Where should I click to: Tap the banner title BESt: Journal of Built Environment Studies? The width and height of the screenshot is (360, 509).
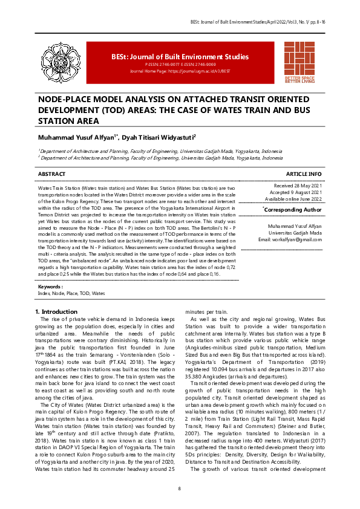click(180, 57)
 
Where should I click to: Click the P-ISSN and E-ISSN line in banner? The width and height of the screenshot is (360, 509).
click(180, 64)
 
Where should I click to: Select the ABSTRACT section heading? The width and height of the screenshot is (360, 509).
click(51, 173)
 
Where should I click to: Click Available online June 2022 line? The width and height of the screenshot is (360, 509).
click(293, 198)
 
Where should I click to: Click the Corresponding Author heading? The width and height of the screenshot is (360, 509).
click(293, 209)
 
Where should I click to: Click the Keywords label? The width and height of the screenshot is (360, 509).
click(51, 286)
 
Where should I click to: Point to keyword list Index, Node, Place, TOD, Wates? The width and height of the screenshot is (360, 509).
click(71, 293)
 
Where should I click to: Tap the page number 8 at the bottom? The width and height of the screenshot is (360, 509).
click(180, 488)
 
